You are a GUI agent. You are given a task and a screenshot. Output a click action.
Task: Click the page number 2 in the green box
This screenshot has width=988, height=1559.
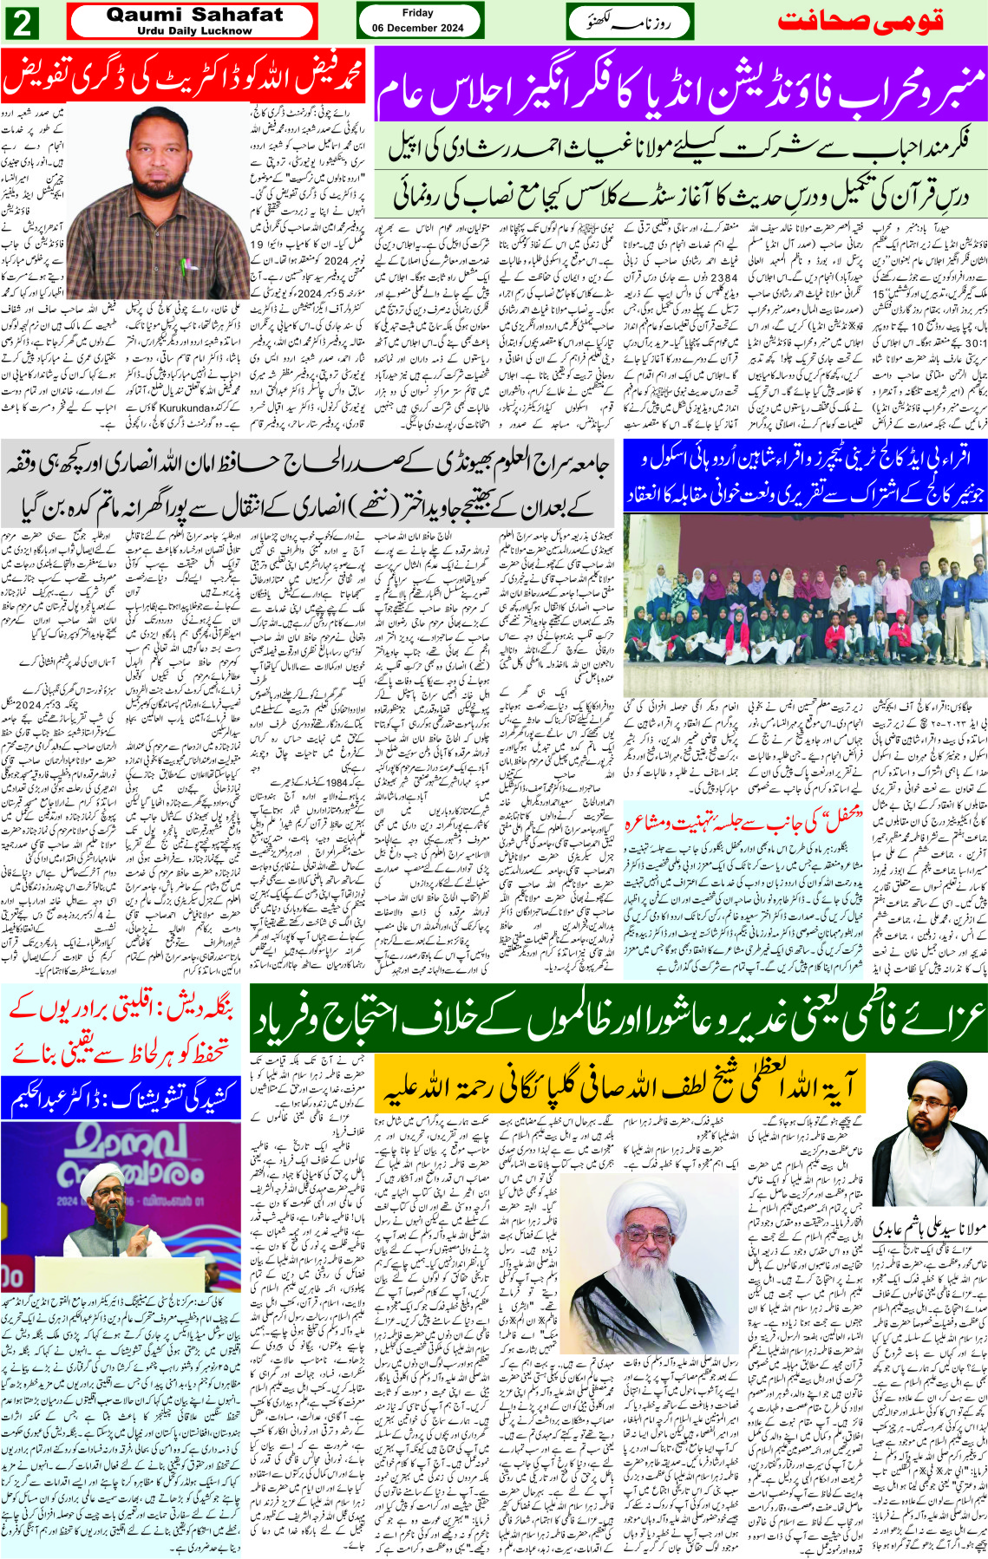pyautogui.click(x=23, y=23)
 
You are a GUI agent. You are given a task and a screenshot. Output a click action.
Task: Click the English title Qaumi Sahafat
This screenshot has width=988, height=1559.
pyautogui.click(x=193, y=15)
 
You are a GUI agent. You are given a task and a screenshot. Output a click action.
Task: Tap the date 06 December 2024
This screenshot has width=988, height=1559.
pyautogui.click(x=418, y=28)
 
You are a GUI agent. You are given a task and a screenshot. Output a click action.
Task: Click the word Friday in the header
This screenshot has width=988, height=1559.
pyautogui.click(x=418, y=13)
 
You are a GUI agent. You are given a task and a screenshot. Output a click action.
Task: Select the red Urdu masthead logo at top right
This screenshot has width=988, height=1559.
pyautogui.click(x=860, y=22)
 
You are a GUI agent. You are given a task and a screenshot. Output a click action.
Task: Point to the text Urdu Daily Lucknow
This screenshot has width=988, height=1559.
pyautogui.click(x=193, y=31)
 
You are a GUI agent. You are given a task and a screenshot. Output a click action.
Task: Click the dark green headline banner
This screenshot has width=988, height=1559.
pyautogui.click(x=618, y=1018)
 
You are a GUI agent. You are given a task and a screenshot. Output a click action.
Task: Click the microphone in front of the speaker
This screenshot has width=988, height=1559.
pyautogui.click(x=112, y=1217)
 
